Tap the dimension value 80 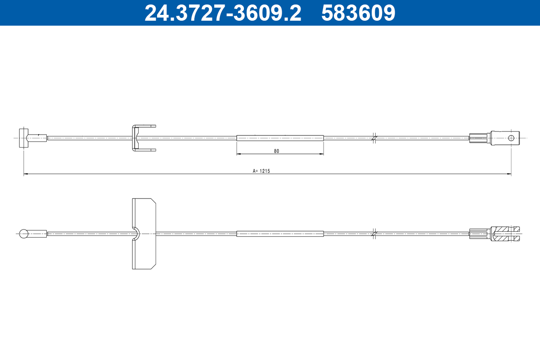(276, 151)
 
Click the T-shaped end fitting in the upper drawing (24, 138)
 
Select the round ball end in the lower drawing (24, 234)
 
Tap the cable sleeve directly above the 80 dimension (280, 138)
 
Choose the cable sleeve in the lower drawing (280, 234)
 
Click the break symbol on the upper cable (374, 138)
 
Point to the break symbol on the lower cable (374, 234)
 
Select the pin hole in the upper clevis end (511, 138)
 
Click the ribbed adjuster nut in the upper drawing (479, 138)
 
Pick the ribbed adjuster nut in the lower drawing (479, 234)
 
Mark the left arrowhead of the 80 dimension (238, 154)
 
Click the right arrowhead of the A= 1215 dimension (509, 174)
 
